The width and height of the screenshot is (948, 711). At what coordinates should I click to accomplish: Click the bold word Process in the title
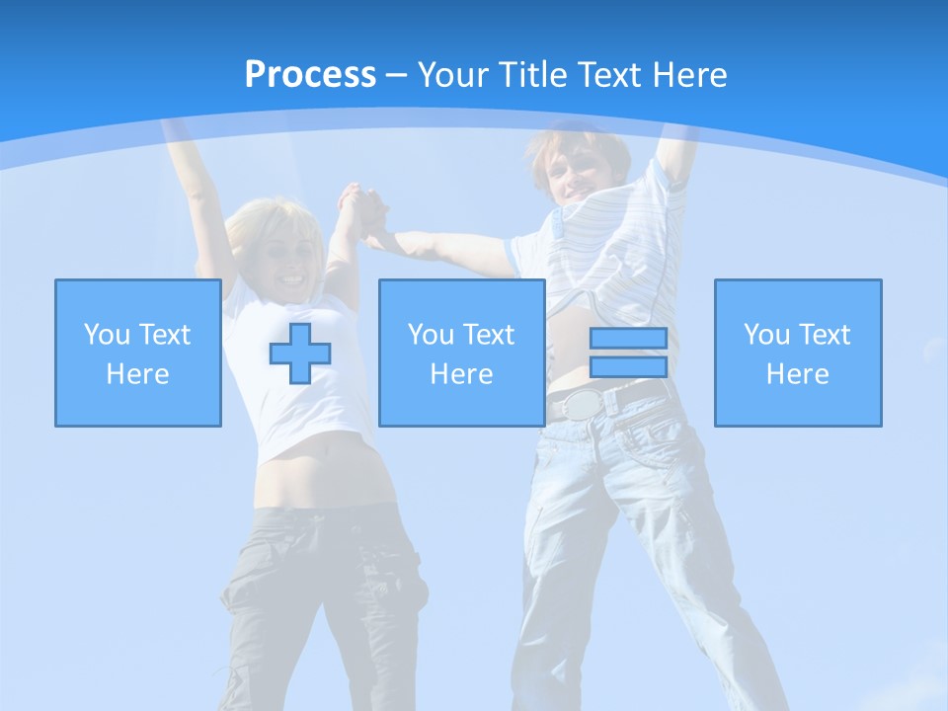coord(310,75)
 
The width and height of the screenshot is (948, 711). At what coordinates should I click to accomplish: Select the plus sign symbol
coord(300,354)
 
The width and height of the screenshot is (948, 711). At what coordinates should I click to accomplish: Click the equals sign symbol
coord(628,353)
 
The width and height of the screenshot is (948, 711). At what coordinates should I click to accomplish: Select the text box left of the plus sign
coord(138,353)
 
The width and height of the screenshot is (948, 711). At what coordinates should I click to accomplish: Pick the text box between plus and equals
coord(461,353)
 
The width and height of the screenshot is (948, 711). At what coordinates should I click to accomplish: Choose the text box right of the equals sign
coord(798,353)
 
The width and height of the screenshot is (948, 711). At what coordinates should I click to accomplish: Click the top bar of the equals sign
coord(628,339)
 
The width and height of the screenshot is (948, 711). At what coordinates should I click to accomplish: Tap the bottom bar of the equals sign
coord(628,367)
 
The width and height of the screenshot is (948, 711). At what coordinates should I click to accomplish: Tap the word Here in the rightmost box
coord(798,374)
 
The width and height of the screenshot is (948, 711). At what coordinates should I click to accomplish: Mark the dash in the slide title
coord(397,75)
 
